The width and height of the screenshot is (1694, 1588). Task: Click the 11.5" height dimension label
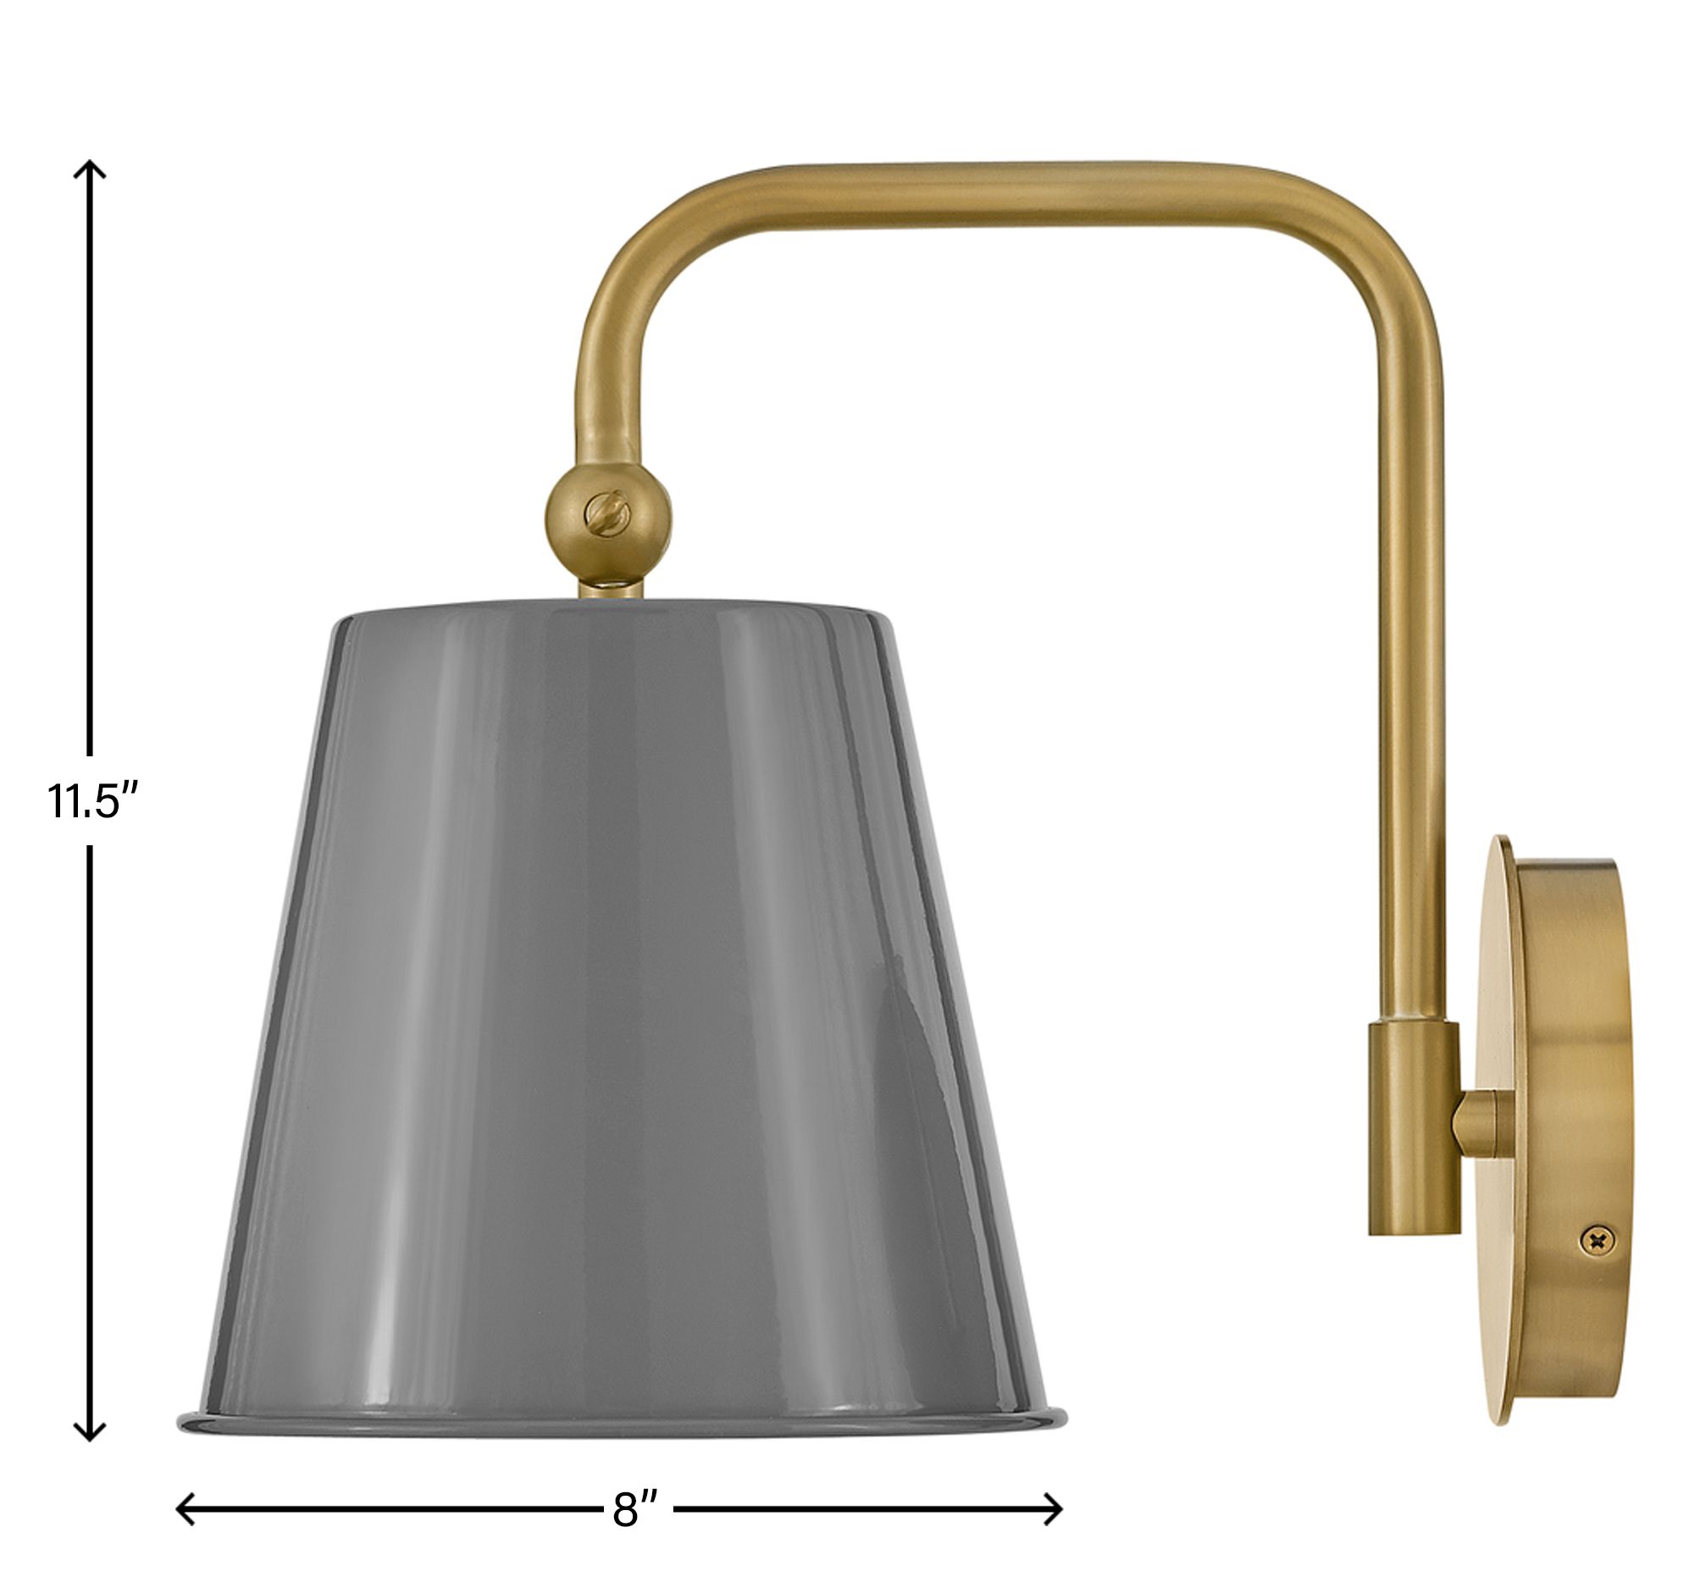coord(92,800)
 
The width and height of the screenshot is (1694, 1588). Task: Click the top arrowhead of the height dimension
coord(90,168)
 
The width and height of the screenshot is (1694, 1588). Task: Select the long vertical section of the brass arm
coord(1411,682)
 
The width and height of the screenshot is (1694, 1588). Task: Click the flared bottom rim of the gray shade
coord(622,1420)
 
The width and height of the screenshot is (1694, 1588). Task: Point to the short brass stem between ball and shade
coord(610,588)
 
